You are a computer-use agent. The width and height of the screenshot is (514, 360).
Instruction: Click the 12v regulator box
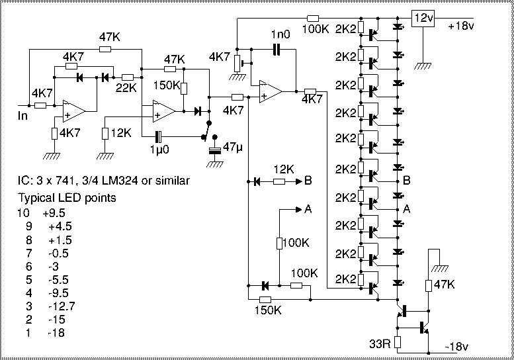(x=423, y=18)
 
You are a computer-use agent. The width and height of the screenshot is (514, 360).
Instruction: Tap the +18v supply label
(x=461, y=26)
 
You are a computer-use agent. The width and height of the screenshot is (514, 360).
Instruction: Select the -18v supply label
(x=456, y=346)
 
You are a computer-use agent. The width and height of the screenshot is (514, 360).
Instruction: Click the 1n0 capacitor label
(x=280, y=34)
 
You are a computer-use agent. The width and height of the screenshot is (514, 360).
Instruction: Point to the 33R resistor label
(x=380, y=343)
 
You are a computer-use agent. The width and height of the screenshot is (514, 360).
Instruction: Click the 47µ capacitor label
(x=232, y=147)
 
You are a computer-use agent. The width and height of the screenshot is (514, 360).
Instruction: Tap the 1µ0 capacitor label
(x=159, y=150)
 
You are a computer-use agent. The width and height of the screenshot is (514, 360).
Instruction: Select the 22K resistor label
(x=126, y=88)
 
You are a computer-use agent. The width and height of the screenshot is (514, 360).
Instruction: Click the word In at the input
(x=22, y=116)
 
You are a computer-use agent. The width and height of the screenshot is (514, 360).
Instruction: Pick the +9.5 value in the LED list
(x=54, y=213)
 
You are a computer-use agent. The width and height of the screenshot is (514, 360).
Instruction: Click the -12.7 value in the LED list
(x=62, y=306)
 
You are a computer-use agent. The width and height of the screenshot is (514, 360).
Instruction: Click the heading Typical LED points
(x=67, y=198)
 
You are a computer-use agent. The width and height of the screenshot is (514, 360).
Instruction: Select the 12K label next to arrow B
(x=284, y=169)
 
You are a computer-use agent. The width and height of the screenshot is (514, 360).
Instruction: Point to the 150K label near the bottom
(x=268, y=310)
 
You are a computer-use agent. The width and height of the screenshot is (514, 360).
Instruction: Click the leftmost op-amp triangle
(x=74, y=111)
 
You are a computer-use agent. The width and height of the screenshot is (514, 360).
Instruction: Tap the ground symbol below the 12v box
(x=423, y=66)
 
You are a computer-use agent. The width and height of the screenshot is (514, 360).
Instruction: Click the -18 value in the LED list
(x=56, y=333)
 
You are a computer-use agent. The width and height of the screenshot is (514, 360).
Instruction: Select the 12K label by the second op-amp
(x=121, y=133)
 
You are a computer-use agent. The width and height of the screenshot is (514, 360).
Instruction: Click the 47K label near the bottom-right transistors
(x=444, y=285)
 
